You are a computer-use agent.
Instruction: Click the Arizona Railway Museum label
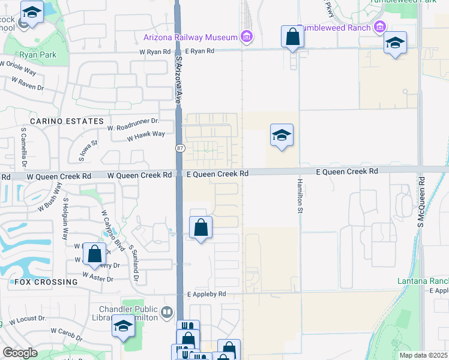191,37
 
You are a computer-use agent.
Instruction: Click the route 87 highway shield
179,148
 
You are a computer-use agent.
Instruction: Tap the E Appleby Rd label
206,295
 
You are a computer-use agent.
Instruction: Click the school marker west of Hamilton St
281,136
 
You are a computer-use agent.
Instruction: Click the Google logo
20,353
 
